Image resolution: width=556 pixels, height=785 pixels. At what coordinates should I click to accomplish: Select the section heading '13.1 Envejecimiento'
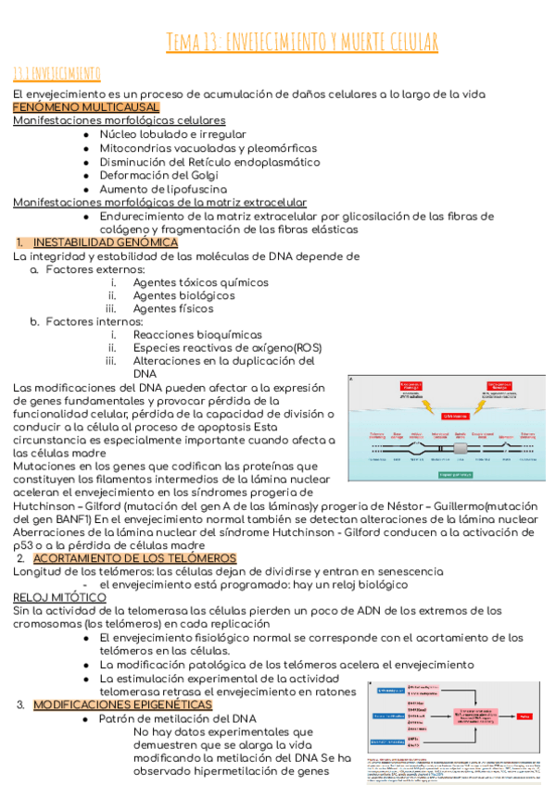57,72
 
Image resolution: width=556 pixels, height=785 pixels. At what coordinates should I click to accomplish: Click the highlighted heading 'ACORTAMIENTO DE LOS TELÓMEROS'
134,558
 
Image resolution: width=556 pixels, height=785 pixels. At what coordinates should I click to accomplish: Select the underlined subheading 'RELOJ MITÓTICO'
59,598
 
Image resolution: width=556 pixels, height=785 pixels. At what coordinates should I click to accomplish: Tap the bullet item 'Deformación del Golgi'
164,175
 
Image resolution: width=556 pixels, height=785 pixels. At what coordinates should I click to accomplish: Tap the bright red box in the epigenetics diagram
526,716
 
